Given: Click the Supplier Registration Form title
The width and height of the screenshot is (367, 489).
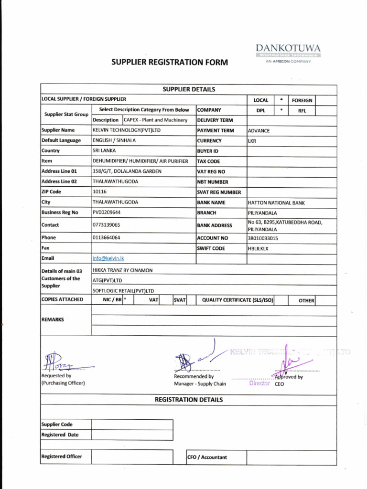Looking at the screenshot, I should pyautogui.click(x=170, y=63).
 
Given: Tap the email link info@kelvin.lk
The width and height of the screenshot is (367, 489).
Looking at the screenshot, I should pyautogui.click(x=108, y=258).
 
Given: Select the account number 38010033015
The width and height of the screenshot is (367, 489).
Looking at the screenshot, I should pyautogui.click(x=263, y=238).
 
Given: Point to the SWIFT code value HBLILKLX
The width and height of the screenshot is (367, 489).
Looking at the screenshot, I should pyautogui.click(x=258, y=248).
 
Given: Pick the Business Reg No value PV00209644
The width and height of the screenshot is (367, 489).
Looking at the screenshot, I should pyautogui.click(x=107, y=213).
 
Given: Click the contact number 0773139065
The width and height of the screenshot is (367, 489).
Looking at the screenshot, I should pyautogui.click(x=106, y=225).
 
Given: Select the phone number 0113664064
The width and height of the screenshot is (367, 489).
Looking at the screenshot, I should pyautogui.click(x=106, y=237).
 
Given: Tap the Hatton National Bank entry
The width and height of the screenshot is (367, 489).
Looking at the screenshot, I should pyautogui.click(x=276, y=203).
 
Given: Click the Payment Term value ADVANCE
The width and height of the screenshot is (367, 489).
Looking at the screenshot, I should pyautogui.click(x=259, y=131).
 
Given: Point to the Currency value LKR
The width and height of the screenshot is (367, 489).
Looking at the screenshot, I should pyautogui.click(x=252, y=141).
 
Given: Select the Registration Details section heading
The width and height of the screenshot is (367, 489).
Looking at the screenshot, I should pyautogui.click(x=188, y=400).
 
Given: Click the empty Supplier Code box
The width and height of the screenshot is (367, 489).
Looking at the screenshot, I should pyautogui.click(x=132, y=424).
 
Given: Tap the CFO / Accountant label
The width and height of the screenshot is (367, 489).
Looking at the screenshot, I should pyautogui.click(x=207, y=457).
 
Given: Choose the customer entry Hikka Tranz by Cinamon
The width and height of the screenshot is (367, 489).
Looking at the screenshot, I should pyautogui.click(x=123, y=270).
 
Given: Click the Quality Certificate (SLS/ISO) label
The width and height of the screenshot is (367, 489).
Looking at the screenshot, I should pyautogui.click(x=237, y=300).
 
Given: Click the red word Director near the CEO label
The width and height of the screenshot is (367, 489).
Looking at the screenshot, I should pyautogui.click(x=259, y=383).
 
